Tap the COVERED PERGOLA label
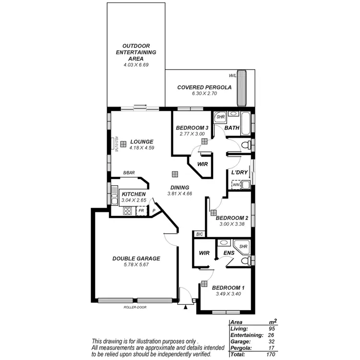pos(204,87)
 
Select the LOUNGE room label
pos(142,142)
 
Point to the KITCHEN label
pos(127,193)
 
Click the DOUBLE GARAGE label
pos(136,258)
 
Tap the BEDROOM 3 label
pos(192,128)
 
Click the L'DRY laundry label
pos(239,172)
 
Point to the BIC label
pos(200,234)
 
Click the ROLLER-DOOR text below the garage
pos(134,306)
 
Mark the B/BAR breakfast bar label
pos(128,173)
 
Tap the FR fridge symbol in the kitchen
pos(141,210)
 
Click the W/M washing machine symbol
pos(236,184)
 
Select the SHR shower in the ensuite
pos(243,246)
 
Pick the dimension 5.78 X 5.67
pos(136,264)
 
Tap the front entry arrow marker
pos(184,304)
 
